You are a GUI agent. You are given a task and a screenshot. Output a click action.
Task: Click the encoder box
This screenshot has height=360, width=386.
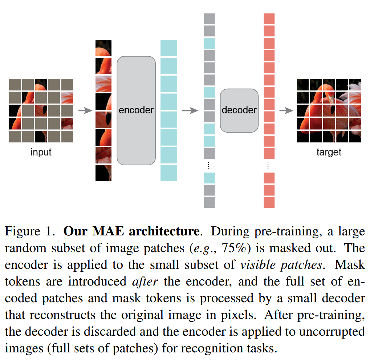(136, 110)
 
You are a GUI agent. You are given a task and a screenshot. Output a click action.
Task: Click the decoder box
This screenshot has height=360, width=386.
(239, 110)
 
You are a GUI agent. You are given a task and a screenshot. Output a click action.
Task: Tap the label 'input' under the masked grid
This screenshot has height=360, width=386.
(41, 152)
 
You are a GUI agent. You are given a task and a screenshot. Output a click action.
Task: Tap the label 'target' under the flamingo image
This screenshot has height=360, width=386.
(329, 152)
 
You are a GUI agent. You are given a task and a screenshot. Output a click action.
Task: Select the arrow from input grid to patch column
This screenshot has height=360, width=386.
(85, 110)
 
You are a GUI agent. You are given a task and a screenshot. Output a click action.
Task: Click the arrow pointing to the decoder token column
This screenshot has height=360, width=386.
(190, 110)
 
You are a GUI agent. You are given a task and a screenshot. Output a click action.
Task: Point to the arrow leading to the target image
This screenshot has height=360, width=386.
(286, 110)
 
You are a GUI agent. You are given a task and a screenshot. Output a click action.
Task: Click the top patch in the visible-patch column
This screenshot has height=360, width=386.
(103, 48)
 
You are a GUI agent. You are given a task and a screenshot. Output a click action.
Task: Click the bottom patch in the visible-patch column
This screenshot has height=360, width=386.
(103, 173)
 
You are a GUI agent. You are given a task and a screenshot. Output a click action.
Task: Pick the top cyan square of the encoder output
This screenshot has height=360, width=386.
(168, 48)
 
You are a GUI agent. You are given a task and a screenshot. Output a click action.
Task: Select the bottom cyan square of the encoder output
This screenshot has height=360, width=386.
(168, 173)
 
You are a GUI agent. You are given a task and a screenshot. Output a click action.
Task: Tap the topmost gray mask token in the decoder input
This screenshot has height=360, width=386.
(209, 19)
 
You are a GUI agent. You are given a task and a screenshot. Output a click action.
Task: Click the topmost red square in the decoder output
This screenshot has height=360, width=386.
(269, 19)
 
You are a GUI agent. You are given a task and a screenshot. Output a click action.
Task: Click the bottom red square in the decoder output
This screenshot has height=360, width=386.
(269, 202)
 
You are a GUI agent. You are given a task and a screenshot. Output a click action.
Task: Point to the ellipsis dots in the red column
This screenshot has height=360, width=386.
(268, 166)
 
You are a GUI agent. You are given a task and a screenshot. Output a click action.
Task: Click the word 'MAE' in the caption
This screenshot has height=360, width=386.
(108, 231)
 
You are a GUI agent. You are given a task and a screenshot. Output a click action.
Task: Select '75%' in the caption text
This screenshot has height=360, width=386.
(234, 248)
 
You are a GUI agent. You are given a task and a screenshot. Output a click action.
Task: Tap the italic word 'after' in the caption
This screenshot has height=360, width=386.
(145, 281)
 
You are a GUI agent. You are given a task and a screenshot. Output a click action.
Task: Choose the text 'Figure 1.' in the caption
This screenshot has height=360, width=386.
(30, 231)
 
